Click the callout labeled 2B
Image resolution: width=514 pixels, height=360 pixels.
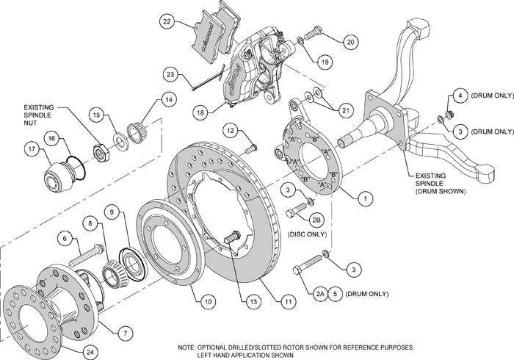click(317, 220)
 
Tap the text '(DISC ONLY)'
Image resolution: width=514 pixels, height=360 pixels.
click(305, 237)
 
